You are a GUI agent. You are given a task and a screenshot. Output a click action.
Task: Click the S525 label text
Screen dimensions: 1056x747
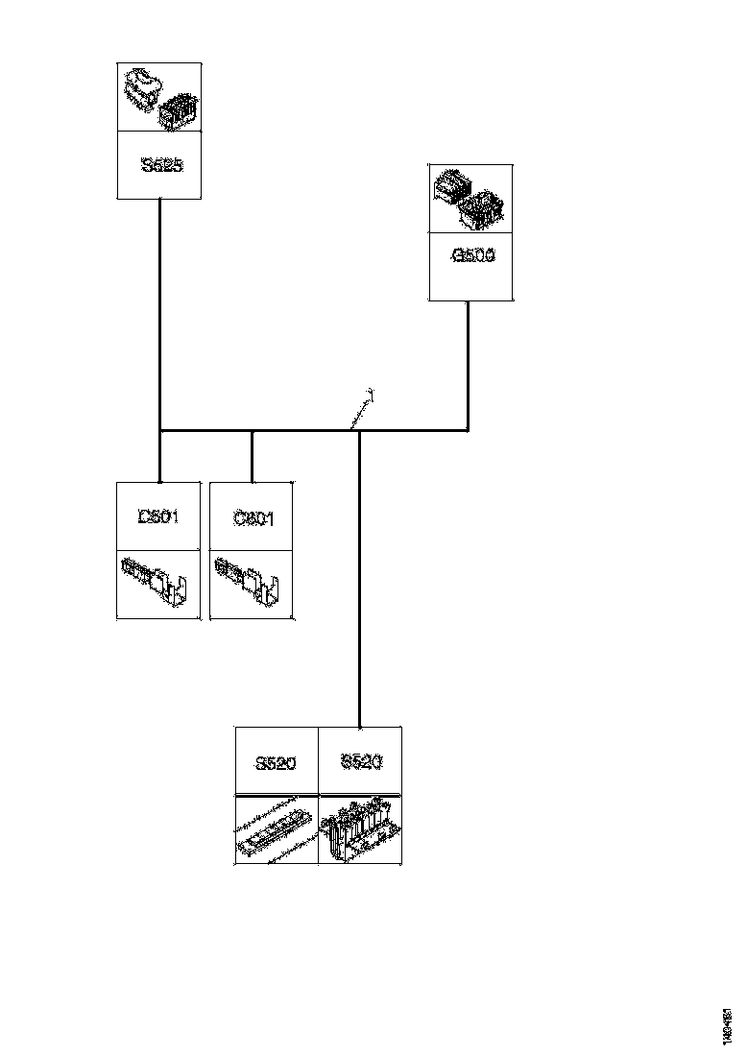[159, 165]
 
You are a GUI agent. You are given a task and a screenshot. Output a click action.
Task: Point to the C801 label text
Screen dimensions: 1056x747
[253, 518]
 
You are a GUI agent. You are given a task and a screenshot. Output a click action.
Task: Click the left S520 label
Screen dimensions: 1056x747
[276, 764]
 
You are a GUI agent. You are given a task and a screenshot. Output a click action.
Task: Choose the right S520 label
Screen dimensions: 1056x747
[360, 763]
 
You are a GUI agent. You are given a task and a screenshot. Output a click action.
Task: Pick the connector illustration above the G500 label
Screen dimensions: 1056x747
[470, 199]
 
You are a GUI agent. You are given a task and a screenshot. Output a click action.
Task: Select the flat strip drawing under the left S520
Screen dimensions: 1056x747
[276, 828]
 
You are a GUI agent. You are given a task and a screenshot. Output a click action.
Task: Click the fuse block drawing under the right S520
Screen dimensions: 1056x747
[360, 828]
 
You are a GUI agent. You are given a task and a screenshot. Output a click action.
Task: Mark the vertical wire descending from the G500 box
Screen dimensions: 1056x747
[468, 365]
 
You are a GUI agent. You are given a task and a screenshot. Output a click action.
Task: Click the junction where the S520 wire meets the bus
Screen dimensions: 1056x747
[359, 431]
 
